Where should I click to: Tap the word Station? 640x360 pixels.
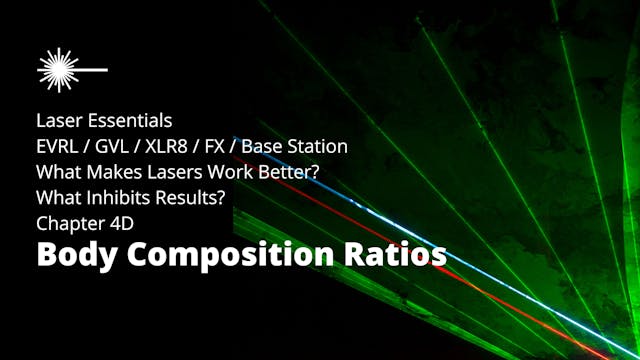(317, 147)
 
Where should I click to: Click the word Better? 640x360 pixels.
(290, 172)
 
